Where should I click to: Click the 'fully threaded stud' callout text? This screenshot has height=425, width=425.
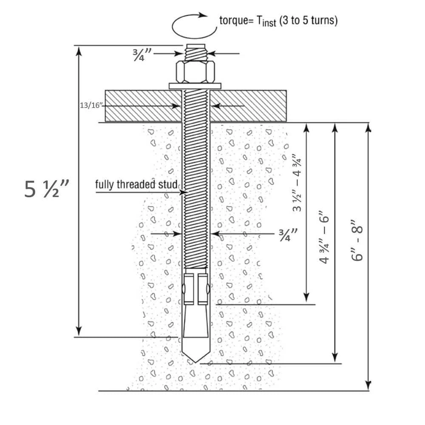click(137, 185)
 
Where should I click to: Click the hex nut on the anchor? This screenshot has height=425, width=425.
click(196, 72)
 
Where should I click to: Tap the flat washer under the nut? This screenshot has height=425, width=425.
click(195, 86)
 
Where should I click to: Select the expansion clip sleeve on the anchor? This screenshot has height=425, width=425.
click(195, 289)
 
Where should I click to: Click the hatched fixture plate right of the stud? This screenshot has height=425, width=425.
click(248, 105)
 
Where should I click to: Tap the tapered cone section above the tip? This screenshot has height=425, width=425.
click(195, 323)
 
